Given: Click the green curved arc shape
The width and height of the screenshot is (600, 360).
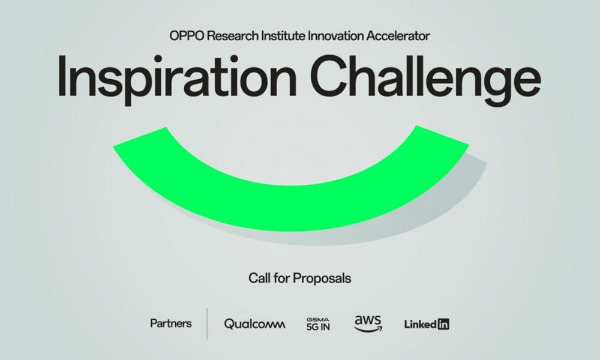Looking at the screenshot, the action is pyautogui.click(x=291, y=209).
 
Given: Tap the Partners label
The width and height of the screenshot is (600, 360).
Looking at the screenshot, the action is pyautogui.click(x=170, y=323).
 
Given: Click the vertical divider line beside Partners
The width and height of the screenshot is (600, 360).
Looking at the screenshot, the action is pyautogui.click(x=208, y=323).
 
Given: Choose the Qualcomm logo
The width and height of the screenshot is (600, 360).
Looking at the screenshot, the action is pyautogui.click(x=254, y=324).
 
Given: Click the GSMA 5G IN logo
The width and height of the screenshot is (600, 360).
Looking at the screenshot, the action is pyautogui.click(x=318, y=324).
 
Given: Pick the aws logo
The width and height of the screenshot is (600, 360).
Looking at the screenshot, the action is pyautogui.click(x=368, y=323).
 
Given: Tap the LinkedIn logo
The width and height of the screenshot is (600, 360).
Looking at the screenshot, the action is pyautogui.click(x=427, y=325).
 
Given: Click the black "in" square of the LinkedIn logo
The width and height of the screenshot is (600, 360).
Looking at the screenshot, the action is pyautogui.click(x=443, y=325).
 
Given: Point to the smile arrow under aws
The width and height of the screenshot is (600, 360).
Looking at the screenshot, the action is pyautogui.click(x=368, y=329).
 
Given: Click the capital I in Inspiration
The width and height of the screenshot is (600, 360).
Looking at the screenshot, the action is pyautogui.click(x=62, y=76).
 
